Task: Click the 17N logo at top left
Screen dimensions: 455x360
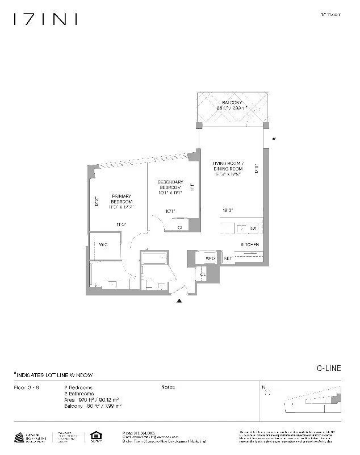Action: coord(45,19)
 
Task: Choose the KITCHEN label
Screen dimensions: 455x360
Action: coord(250,244)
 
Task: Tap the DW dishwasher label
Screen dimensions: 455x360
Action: coord(253,228)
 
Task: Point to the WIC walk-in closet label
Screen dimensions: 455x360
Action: coord(103,244)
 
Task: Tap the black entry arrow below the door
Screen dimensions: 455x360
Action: coord(180,301)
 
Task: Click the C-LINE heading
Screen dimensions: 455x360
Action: coord(329,368)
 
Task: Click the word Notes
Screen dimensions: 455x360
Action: coord(168,387)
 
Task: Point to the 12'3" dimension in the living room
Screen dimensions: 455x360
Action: coord(228,211)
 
